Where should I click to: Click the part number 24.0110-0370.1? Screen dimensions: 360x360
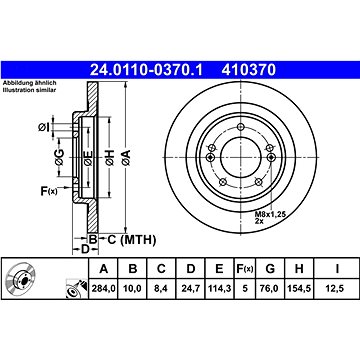click(x=146, y=70)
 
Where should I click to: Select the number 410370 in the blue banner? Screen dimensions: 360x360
click(x=249, y=70)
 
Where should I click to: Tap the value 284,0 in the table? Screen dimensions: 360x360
click(x=104, y=289)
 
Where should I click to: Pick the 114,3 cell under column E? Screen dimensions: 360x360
click(x=219, y=289)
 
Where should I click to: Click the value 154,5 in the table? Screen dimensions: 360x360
click(x=299, y=289)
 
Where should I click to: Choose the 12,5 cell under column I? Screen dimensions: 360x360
click(x=337, y=289)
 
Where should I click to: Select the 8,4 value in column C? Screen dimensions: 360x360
click(x=161, y=289)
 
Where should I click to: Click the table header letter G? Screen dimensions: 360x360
click(x=270, y=269)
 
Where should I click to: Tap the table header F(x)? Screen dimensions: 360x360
click(x=245, y=269)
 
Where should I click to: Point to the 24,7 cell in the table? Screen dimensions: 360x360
click(x=190, y=289)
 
